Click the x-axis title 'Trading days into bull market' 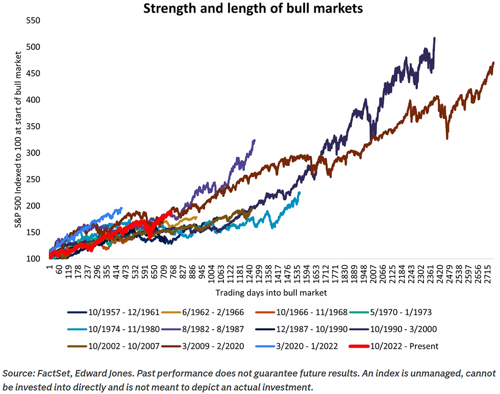271,293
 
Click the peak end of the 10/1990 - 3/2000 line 434,38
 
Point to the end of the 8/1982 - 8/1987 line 255,140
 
